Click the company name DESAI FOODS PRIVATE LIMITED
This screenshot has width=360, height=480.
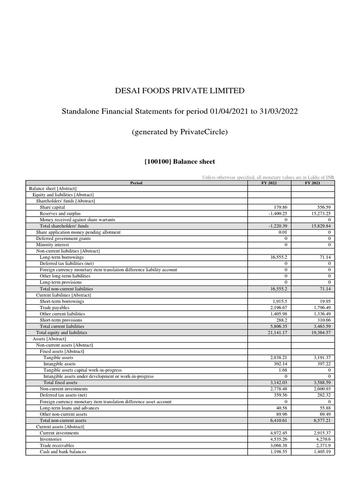(x=180, y=90)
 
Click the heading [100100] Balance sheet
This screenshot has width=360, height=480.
(x=180, y=162)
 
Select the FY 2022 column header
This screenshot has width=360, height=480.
(x=269, y=183)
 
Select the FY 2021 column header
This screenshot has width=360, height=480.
(x=313, y=183)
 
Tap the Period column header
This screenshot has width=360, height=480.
(x=136, y=183)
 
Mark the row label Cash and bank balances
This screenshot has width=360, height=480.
(x=63, y=452)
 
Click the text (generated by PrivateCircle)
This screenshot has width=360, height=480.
(x=180, y=132)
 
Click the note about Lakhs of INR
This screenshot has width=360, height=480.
(x=268, y=177)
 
